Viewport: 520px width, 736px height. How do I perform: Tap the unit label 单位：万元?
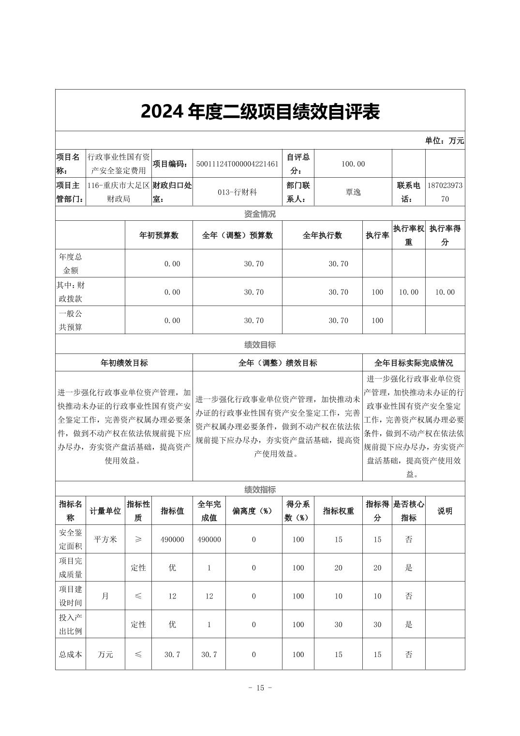pyautogui.click(x=444, y=140)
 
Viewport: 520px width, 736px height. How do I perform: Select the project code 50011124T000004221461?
pyautogui.click(x=237, y=164)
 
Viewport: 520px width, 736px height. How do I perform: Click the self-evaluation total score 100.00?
pyautogui.click(x=353, y=164)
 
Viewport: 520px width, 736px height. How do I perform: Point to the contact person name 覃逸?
pyautogui.click(x=353, y=192)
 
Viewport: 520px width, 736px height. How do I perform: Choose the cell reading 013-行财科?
pyautogui.click(x=237, y=192)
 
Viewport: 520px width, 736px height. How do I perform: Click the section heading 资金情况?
pyautogui.click(x=260, y=214)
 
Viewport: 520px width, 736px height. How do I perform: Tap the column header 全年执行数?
pyautogui.click(x=322, y=235)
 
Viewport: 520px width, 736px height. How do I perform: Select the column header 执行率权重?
pyautogui.click(x=408, y=235)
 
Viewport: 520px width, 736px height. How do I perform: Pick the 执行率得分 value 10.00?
pyautogui.click(x=445, y=292)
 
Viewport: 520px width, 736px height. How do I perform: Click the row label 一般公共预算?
pyautogui.click(x=71, y=320)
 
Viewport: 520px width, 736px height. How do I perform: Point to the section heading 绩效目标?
pyautogui.click(x=260, y=345)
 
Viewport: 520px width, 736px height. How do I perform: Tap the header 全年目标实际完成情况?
pyautogui.click(x=414, y=363)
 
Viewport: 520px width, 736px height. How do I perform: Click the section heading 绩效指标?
pyautogui.click(x=260, y=490)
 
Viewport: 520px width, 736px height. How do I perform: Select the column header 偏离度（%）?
pyautogui.click(x=253, y=511)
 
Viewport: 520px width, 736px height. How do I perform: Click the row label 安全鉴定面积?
pyautogui.click(x=71, y=539)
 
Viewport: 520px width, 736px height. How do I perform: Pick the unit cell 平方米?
pyautogui.click(x=105, y=539)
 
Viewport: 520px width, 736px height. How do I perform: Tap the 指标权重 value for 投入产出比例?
pyautogui.click(x=338, y=625)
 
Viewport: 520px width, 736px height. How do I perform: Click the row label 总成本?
pyautogui.click(x=71, y=655)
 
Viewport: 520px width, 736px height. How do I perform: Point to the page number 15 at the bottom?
pyautogui.click(x=260, y=688)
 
